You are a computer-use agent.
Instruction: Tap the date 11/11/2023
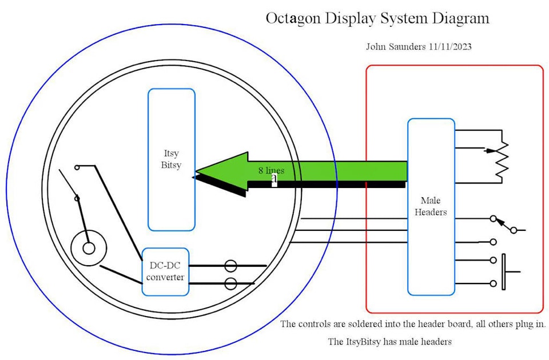[x=449, y=47]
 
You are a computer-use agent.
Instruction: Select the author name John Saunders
[x=396, y=47]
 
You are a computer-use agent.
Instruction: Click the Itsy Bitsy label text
[x=172, y=159]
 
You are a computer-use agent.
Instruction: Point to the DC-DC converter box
[x=165, y=272]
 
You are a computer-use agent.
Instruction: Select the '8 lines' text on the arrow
[x=271, y=170]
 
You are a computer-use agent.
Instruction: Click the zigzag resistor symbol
[x=502, y=158]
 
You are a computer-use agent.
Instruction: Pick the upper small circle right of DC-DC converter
[x=230, y=266]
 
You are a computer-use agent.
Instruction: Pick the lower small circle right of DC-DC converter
[x=230, y=283]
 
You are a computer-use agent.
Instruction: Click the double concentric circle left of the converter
[x=89, y=247]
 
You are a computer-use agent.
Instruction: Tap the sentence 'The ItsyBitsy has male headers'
[x=389, y=342]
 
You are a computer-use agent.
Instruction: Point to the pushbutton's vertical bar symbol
[x=503, y=272]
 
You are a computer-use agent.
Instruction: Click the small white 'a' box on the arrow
[x=274, y=179]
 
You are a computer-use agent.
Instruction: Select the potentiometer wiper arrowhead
[x=488, y=151]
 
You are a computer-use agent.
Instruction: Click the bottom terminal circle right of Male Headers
[x=493, y=283]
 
